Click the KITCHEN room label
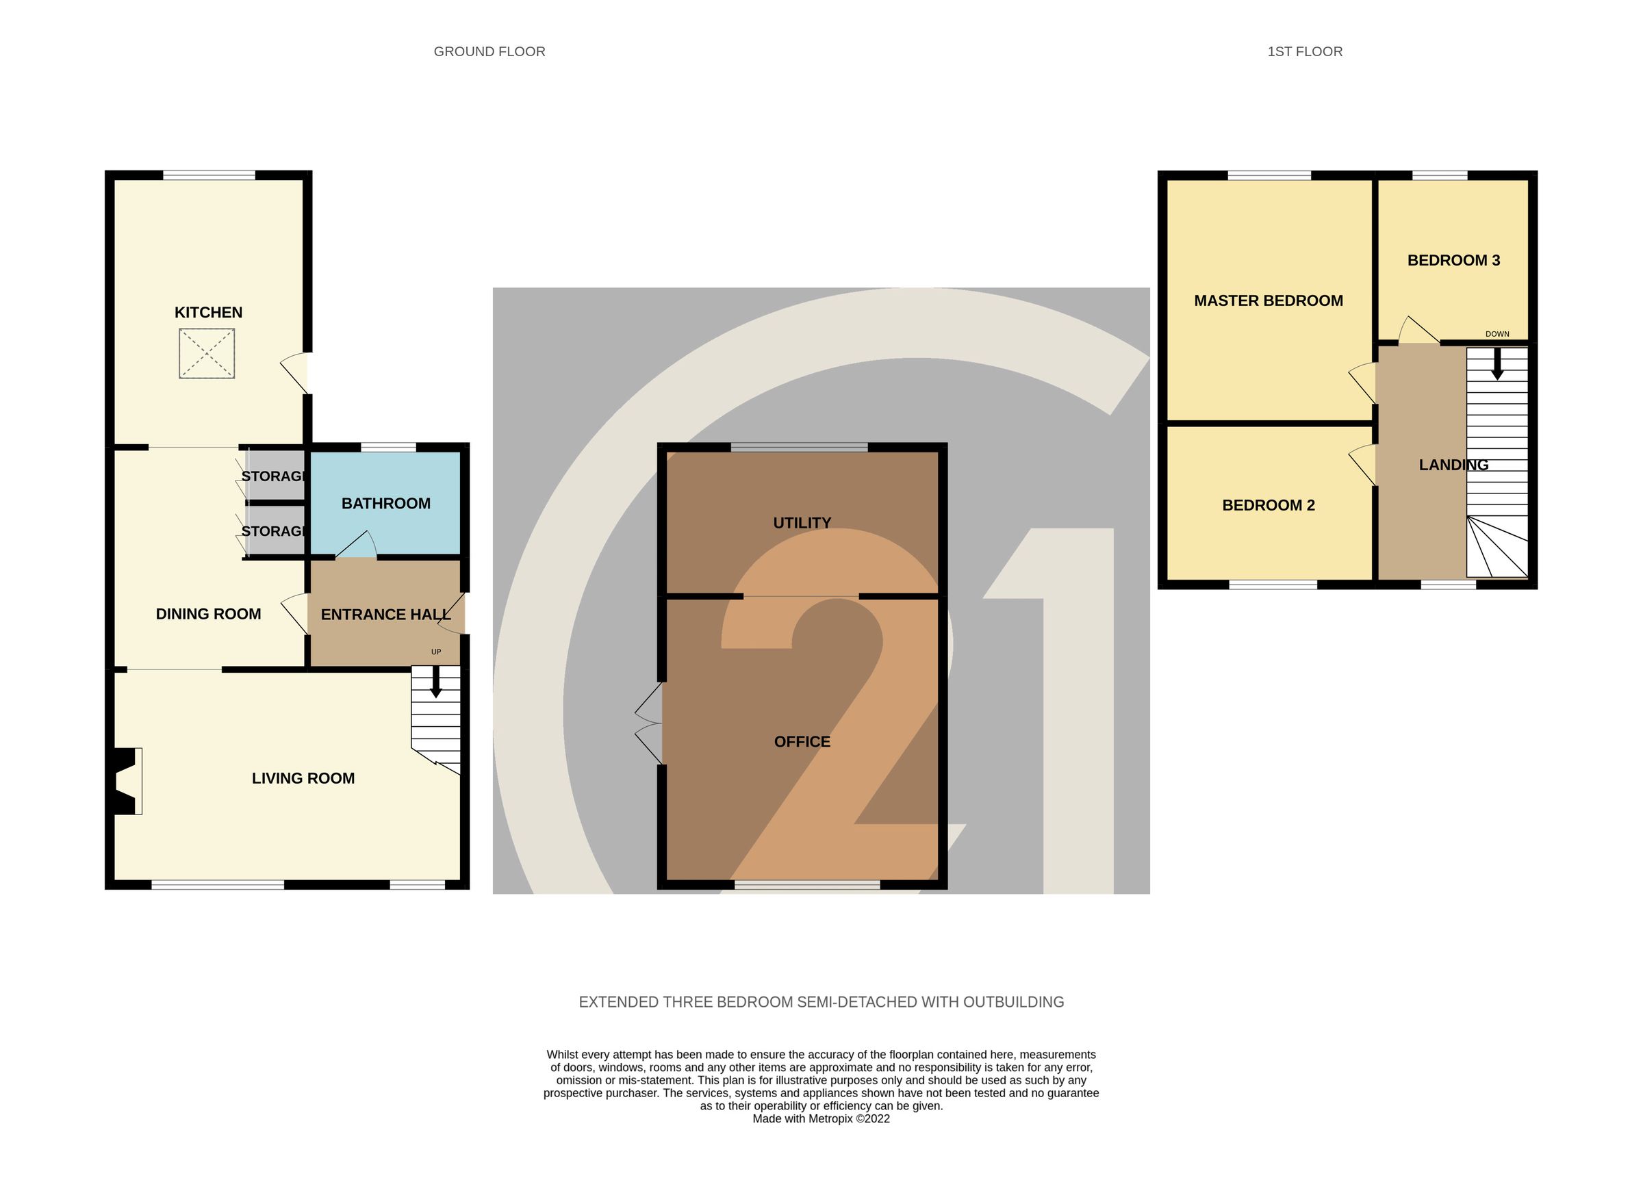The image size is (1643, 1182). point(208,312)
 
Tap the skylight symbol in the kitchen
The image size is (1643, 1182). point(207,353)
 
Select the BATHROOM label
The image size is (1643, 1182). point(385,503)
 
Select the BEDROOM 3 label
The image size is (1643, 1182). point(1453,260)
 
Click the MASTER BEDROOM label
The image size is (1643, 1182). point(1268,300)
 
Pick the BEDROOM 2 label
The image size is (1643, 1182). point(1268,506)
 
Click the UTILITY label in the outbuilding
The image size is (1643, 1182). point(801,523)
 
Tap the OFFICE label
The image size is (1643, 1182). point(801,742)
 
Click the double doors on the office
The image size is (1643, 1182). point(649,723)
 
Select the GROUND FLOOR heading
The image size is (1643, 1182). point(489,51)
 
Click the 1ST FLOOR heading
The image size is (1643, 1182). point(1304,51)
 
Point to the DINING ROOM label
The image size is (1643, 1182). point(208,614)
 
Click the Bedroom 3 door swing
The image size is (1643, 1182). point(1416,331)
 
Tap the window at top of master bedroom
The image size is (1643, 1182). point(1269,175)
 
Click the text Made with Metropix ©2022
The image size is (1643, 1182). point(821,1118)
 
